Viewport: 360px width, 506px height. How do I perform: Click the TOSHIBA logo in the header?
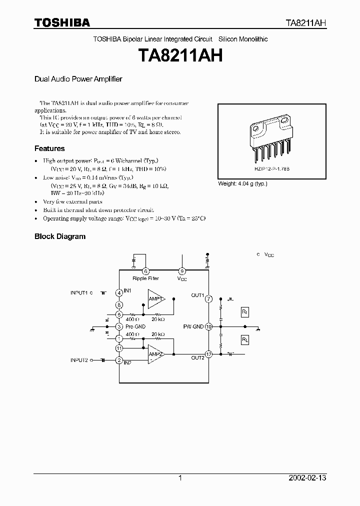(x=62, y=22)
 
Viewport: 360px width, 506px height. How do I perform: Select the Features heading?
(x=49, y=148)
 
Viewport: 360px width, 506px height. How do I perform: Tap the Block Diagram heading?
(x=60, y=236)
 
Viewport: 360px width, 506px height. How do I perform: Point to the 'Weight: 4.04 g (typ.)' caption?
(x=242, y=184)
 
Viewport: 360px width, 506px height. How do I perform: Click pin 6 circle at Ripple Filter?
(x=145, y=270)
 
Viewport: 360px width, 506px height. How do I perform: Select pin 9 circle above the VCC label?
(x=182, y=270)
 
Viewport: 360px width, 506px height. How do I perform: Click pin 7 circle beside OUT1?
(x=208, y=298)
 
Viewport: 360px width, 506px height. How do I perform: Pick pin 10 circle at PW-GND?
(x=208, y=326)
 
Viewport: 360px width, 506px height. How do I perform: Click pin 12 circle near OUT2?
(x=208, y=354)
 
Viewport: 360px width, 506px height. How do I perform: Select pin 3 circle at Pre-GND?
(x=119, y=326)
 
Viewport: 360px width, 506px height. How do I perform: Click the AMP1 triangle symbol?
(x=155, y=298)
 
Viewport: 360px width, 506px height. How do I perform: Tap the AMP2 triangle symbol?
(x=155, y=354)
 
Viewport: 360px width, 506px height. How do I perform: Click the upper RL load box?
(x=245, y=312)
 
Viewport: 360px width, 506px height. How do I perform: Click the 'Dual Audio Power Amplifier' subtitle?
(x=78, y=79)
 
